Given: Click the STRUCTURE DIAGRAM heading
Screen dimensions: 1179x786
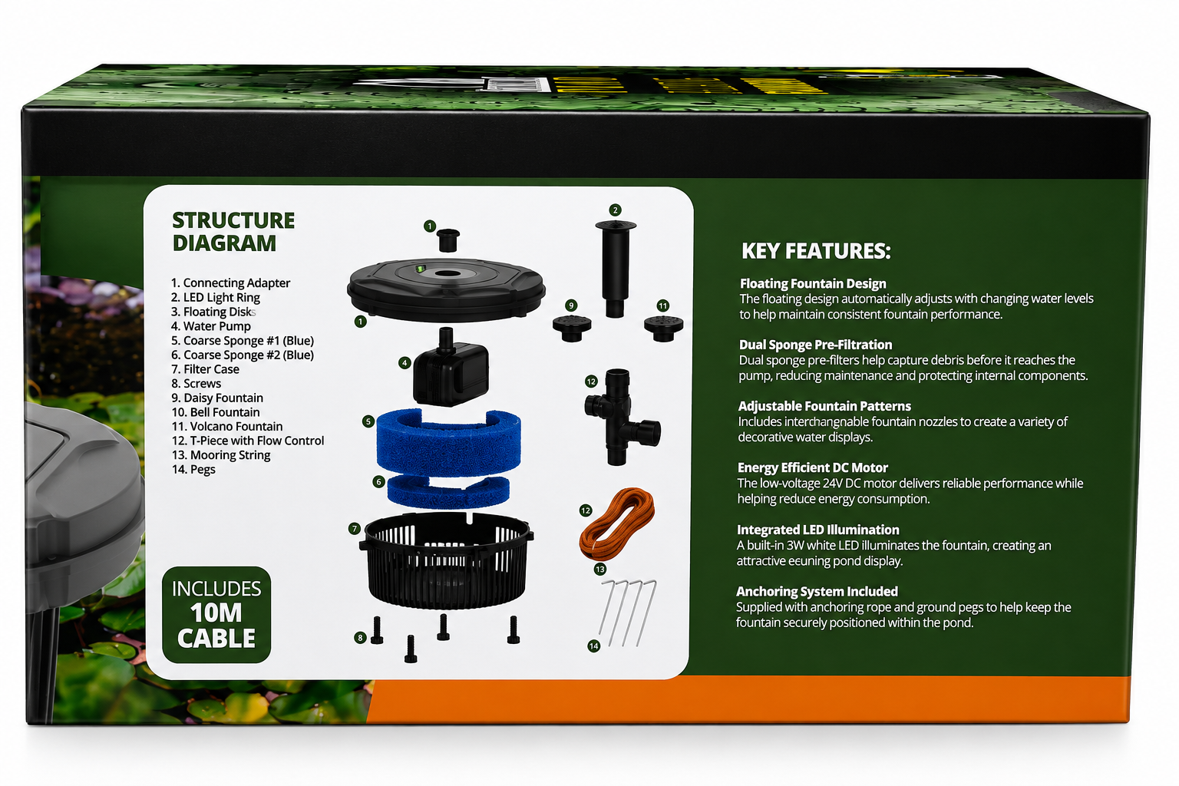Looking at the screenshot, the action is pos(233,232).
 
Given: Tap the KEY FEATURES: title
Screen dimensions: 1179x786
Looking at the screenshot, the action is pos(816,251).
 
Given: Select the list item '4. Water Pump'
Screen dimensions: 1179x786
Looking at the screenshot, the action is pos(211,326).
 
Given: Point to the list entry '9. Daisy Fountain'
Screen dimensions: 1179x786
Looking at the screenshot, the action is pos(217,398).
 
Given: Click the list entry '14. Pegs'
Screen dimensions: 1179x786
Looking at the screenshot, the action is pos(193,470).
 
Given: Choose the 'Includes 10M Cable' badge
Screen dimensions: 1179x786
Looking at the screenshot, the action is pos(216,614).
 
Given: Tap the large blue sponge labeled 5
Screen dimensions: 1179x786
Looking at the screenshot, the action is pos(448,442).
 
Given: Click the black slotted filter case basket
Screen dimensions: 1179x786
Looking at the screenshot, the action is pos(446,560).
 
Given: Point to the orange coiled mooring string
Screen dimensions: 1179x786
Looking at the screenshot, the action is pos(617,523).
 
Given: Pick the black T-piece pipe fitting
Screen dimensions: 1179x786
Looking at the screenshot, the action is pos(622,417).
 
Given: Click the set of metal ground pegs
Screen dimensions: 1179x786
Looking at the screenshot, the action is pos(629,613).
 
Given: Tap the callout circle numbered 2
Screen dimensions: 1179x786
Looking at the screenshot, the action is pos(615,210).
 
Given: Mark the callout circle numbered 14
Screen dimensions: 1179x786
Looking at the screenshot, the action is pos(593,646).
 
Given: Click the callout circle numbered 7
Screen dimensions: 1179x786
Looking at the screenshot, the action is pos(354,529).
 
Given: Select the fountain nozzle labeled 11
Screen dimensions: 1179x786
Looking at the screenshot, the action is pos(663,329).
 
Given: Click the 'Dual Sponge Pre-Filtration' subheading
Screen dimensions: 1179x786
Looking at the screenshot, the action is pos(815,345).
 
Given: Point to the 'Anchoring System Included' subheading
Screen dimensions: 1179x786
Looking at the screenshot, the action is pos(817,592).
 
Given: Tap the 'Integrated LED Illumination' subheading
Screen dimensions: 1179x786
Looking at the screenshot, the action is pos(818,530).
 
